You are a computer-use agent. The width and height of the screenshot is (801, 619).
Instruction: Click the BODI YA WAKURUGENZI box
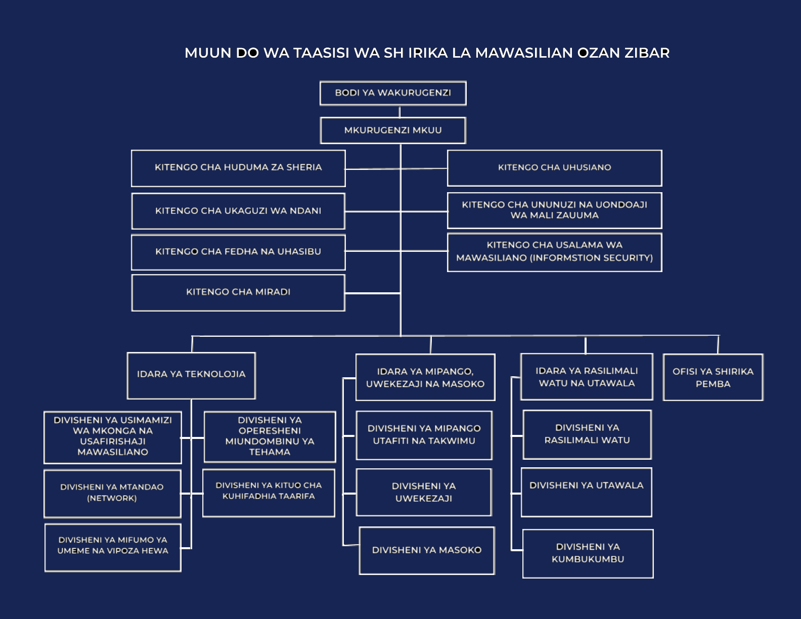click(x=393, y=93)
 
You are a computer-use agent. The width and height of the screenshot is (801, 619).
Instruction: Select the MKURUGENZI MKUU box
click(x=393, y=130)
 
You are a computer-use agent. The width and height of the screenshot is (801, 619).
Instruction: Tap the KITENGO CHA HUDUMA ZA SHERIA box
click(x=238, y=168)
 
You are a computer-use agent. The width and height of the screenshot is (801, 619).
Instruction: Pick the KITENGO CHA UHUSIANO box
click(x=554, y=168)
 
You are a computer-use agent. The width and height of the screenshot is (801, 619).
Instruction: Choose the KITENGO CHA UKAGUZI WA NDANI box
click(x=238, y=211)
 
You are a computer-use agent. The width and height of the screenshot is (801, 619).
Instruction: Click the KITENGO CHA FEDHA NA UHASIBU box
click(x=238, y=252)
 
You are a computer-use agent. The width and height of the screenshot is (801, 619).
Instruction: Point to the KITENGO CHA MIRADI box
click(x=238, y=292)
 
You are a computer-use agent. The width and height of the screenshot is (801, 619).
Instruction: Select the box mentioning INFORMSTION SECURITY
click(x=554, y=252)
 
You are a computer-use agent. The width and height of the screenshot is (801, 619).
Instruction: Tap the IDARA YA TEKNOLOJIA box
click(x=191, y=375)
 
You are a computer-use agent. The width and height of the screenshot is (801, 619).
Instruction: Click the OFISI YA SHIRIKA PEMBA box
click(x=713, y=377)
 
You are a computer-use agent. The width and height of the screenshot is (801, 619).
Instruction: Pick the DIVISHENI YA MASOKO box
click(x=427, y=550)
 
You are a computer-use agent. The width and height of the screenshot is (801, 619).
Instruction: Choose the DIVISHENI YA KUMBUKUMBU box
click(x=588, y=553)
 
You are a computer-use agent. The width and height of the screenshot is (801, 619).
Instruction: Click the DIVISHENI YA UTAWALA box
click(x=587, y=492)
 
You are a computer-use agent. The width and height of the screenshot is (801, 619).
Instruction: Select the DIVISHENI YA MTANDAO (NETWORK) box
click(x=112, y=493)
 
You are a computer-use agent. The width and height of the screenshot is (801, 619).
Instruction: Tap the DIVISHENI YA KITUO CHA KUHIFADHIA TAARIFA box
click(x=269, y=493)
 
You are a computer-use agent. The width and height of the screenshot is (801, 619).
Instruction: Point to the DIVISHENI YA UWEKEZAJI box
click(x=424, y=492)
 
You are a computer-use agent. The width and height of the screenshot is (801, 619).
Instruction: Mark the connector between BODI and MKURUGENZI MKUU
click(x=399, y=111)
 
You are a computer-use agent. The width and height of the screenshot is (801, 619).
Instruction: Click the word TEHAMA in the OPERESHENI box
click(x=270, y=452)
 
